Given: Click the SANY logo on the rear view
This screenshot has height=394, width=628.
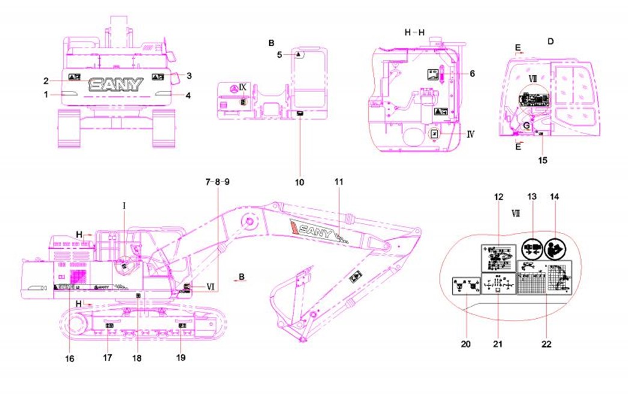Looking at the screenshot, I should click(116, 84).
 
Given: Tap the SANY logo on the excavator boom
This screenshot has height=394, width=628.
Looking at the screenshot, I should click(314, 229).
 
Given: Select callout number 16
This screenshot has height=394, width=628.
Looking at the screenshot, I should click(70, 359).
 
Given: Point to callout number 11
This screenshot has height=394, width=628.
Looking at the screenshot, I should click(338, 181).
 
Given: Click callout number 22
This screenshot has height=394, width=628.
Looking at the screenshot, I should click(546, 345).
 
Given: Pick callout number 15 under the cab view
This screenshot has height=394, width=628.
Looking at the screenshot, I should click(543, 161).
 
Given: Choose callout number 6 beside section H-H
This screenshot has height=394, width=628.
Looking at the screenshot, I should click(473, 73).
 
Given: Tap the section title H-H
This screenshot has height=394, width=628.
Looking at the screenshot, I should click(415, 31).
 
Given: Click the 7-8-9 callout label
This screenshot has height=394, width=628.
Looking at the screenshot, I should click(217, 181).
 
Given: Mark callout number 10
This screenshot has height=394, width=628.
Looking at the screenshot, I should click(300, 181).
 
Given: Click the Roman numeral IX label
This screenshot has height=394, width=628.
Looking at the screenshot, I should click(242, 87).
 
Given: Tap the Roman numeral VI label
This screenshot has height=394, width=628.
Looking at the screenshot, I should click(211, 286).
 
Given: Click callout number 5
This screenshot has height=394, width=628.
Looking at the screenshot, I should click(279, 55).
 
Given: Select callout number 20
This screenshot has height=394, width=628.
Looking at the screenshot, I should click(466, 345).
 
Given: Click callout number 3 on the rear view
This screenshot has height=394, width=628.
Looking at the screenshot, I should click(189, 76).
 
